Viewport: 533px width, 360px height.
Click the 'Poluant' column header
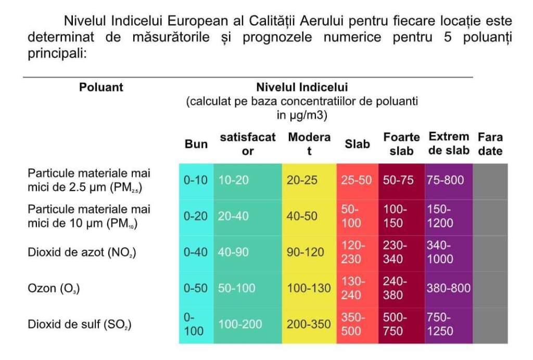(x=101, y=87)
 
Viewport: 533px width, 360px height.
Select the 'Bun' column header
(x=196, y=144)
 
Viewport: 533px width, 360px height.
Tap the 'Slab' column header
(x=357, y=144)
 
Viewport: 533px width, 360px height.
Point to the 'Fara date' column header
(x=490, y=144)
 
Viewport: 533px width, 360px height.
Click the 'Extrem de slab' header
(x=449, y=144)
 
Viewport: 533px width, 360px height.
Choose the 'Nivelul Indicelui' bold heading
(x=302, y=87)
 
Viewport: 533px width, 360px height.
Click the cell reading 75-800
(x=445, y=180)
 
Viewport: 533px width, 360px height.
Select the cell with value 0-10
(x=196, y=180)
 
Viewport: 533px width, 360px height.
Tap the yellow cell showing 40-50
(x=302, y=216)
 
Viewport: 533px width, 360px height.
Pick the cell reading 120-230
(x=354, y=252)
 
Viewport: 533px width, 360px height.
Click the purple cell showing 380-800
(x=448, y=288)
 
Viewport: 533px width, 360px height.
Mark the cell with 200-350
(x=309, y=324)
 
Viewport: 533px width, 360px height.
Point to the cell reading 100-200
(x=240, y=324)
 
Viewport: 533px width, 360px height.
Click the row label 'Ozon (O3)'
(x=54, y=288)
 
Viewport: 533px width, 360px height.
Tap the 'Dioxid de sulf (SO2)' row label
(x=79, y=325)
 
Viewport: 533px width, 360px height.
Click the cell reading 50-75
(x=398, y=180)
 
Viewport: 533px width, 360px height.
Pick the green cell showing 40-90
(x=233, y=252)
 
